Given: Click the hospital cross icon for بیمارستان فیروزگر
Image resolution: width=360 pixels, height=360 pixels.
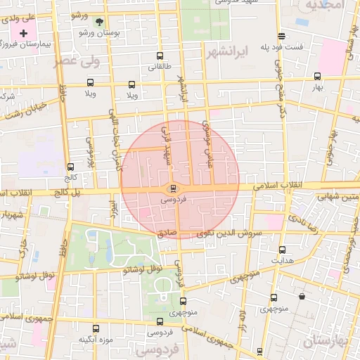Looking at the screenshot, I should tap(25, 33).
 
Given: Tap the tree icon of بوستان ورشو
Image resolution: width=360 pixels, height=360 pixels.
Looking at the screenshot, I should tap(98, 22).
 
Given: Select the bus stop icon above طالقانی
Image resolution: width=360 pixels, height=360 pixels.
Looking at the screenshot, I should tap(160, 56).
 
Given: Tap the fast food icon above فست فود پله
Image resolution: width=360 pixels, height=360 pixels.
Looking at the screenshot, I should tap(281, 36).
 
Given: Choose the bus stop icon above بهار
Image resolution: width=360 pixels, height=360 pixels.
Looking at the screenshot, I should tap(317, 76).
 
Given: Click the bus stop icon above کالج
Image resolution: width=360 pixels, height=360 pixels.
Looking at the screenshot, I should tap(70, 167).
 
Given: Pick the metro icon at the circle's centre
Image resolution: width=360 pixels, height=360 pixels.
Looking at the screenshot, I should tap(173, 188).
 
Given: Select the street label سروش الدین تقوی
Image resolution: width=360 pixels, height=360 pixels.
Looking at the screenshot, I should tap(229, 233).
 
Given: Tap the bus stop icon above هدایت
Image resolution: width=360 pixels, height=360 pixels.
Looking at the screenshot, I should tap(283, 250).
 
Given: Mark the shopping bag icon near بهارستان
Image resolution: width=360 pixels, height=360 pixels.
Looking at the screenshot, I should tap(302, 297).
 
